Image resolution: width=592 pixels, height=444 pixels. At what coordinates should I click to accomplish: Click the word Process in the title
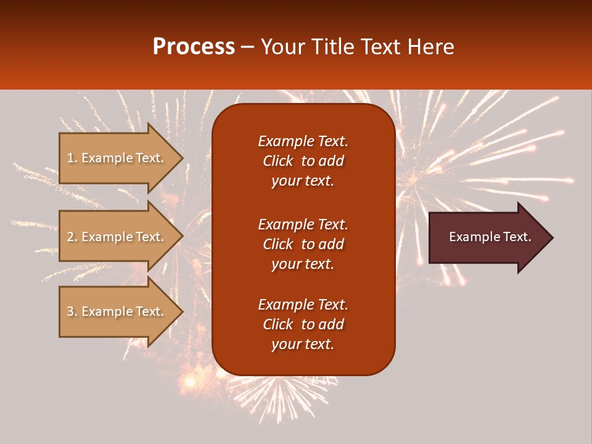(x=194, y=47)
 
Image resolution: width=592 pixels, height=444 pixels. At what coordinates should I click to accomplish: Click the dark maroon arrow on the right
(x=487, y=237)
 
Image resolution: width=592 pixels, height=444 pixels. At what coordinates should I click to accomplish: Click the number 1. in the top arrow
(x=72, y=158)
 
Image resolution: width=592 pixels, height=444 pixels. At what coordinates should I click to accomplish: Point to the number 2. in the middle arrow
(x=72, y=237)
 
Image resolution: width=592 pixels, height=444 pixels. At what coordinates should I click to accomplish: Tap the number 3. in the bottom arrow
(x=72, y=311)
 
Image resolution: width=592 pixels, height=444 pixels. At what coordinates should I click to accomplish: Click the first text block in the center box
(x=303, y=161)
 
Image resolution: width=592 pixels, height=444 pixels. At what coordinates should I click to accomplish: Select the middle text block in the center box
(x=303, y=244)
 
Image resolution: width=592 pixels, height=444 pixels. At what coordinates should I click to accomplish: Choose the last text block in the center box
(x=303, y=324)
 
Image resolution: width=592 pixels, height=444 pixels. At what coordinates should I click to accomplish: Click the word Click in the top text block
(x=277, y=161)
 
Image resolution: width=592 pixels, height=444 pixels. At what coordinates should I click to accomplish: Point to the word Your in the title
(x=281, y=47)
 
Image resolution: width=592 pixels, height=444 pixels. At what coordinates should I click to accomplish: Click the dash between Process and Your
(x=247, y=47)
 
